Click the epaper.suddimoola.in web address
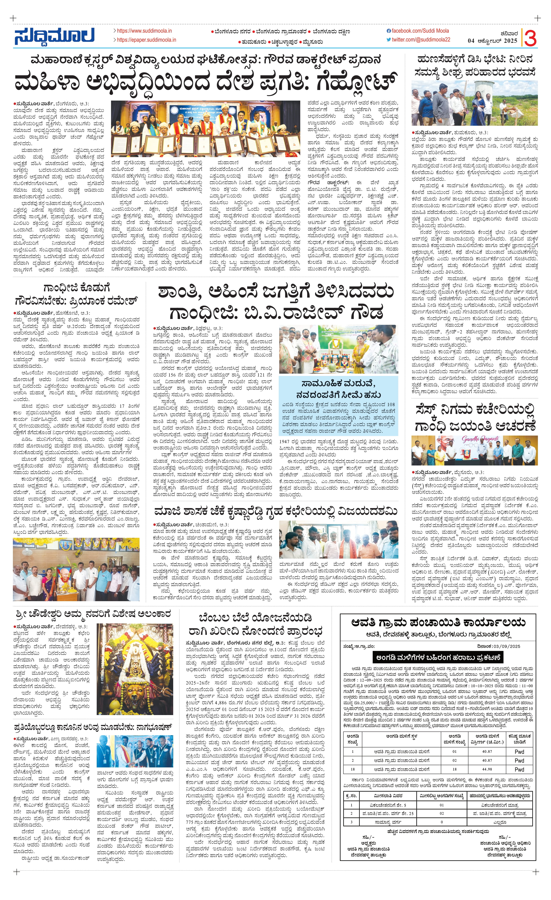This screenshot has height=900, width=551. click(x=146, y=40)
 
